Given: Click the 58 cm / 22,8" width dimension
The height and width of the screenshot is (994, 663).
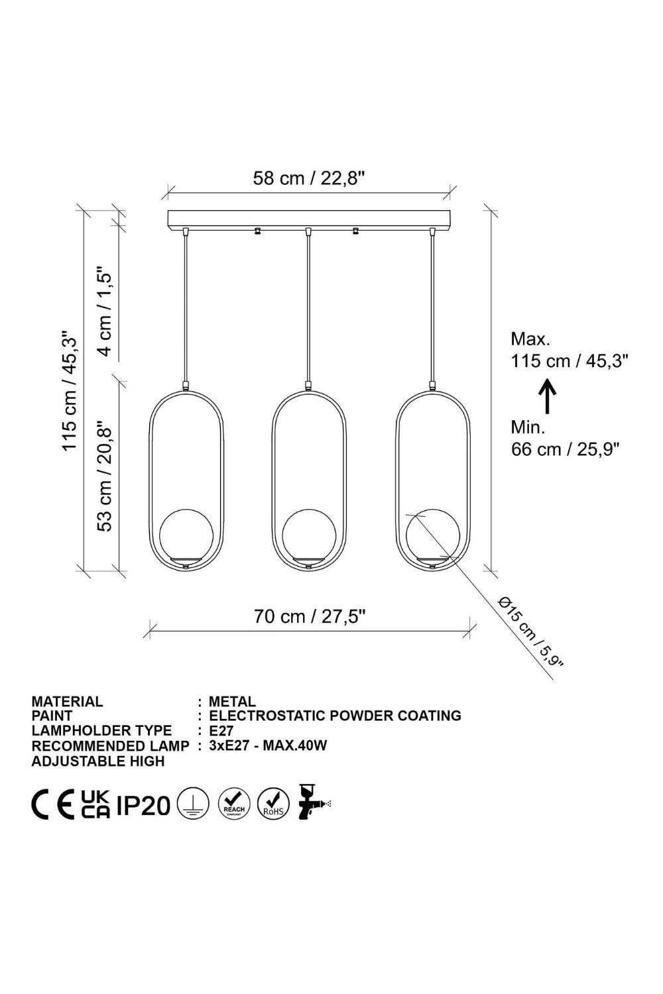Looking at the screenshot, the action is click(x=309, y=178).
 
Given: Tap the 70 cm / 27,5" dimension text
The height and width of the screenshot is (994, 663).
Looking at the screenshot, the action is click(x=310, y=616).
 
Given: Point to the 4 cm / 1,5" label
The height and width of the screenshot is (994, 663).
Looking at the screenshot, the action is click(x=105, y=311).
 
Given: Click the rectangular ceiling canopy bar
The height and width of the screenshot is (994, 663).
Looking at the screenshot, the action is click(x=309, y=219).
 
